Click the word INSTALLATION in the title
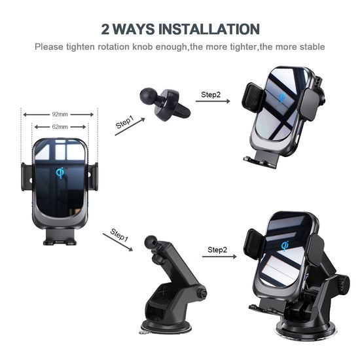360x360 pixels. click(209, 29)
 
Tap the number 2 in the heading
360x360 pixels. click(105, 29)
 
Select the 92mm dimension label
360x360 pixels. click(60, 114)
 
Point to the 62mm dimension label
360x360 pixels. click(60, 126)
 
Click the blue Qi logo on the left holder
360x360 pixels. click(60, 173)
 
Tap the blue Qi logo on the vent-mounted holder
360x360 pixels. click(281, 98)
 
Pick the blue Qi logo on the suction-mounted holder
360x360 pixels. click(285, 245)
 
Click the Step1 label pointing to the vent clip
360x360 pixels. click(125, 122)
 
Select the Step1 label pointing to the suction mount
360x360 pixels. click(119, 235)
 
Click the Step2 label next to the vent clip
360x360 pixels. click(211, 94)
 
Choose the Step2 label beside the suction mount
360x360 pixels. click(217, 249)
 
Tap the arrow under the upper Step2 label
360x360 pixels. click(213, 101)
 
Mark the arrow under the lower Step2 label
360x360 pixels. click(219, 257)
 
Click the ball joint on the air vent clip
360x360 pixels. click(148, 96)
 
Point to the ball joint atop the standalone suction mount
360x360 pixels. click(151, 243)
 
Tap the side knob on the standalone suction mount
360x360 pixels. click(202, 293)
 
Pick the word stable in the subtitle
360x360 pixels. click(312, 46)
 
